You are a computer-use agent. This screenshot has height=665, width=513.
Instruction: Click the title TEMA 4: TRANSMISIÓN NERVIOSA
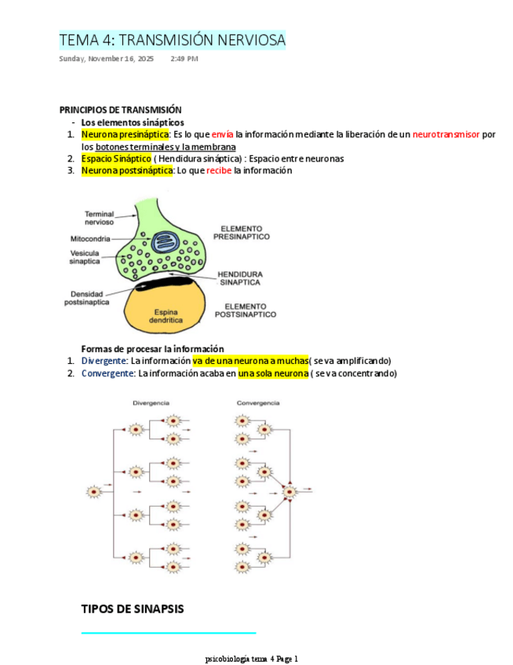[x=172, y=39]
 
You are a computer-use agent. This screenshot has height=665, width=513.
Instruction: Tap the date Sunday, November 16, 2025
[x=107, y=59]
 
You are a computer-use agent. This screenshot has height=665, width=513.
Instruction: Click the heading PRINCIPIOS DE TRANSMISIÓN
[x=121, y=110]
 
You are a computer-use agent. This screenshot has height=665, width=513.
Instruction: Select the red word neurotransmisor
[x=446, y=134]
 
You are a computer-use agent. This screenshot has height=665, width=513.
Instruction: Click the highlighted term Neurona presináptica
[x=125, y=134]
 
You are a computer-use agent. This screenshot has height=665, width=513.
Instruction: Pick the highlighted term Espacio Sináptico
[x=116, y=158]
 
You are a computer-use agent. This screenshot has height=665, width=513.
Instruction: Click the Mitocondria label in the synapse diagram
[x=90, y=238]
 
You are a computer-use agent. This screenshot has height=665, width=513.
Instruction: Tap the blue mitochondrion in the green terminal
[x=166, y=242]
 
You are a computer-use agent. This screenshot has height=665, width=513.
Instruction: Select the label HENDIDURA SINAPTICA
[x=239, y=278]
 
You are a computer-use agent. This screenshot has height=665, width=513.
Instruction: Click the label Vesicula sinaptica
[x=85, y=257]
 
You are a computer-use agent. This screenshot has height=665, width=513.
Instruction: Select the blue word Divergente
[x=104, y=361]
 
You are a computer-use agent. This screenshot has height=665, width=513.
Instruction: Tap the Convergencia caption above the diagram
[x=258, y=403]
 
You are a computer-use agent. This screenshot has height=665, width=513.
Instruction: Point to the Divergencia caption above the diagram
[x=151, y=403]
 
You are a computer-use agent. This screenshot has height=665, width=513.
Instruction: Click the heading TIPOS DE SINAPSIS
[x=133, y=609]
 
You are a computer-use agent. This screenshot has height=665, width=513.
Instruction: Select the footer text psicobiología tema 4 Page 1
[x=251, y=659]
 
